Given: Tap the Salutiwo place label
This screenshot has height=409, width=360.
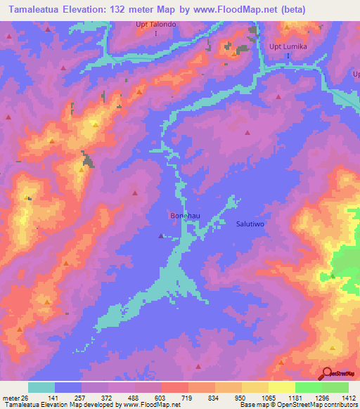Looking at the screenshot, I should [x=251, y=223].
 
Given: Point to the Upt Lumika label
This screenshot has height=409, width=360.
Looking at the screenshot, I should [x=288, y=47].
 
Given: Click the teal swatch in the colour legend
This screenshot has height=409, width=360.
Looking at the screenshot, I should [x=41, y=387].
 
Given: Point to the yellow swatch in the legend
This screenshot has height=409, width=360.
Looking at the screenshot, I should [x=282, y=387].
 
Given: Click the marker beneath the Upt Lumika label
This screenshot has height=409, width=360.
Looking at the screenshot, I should [x=288, y=56].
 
